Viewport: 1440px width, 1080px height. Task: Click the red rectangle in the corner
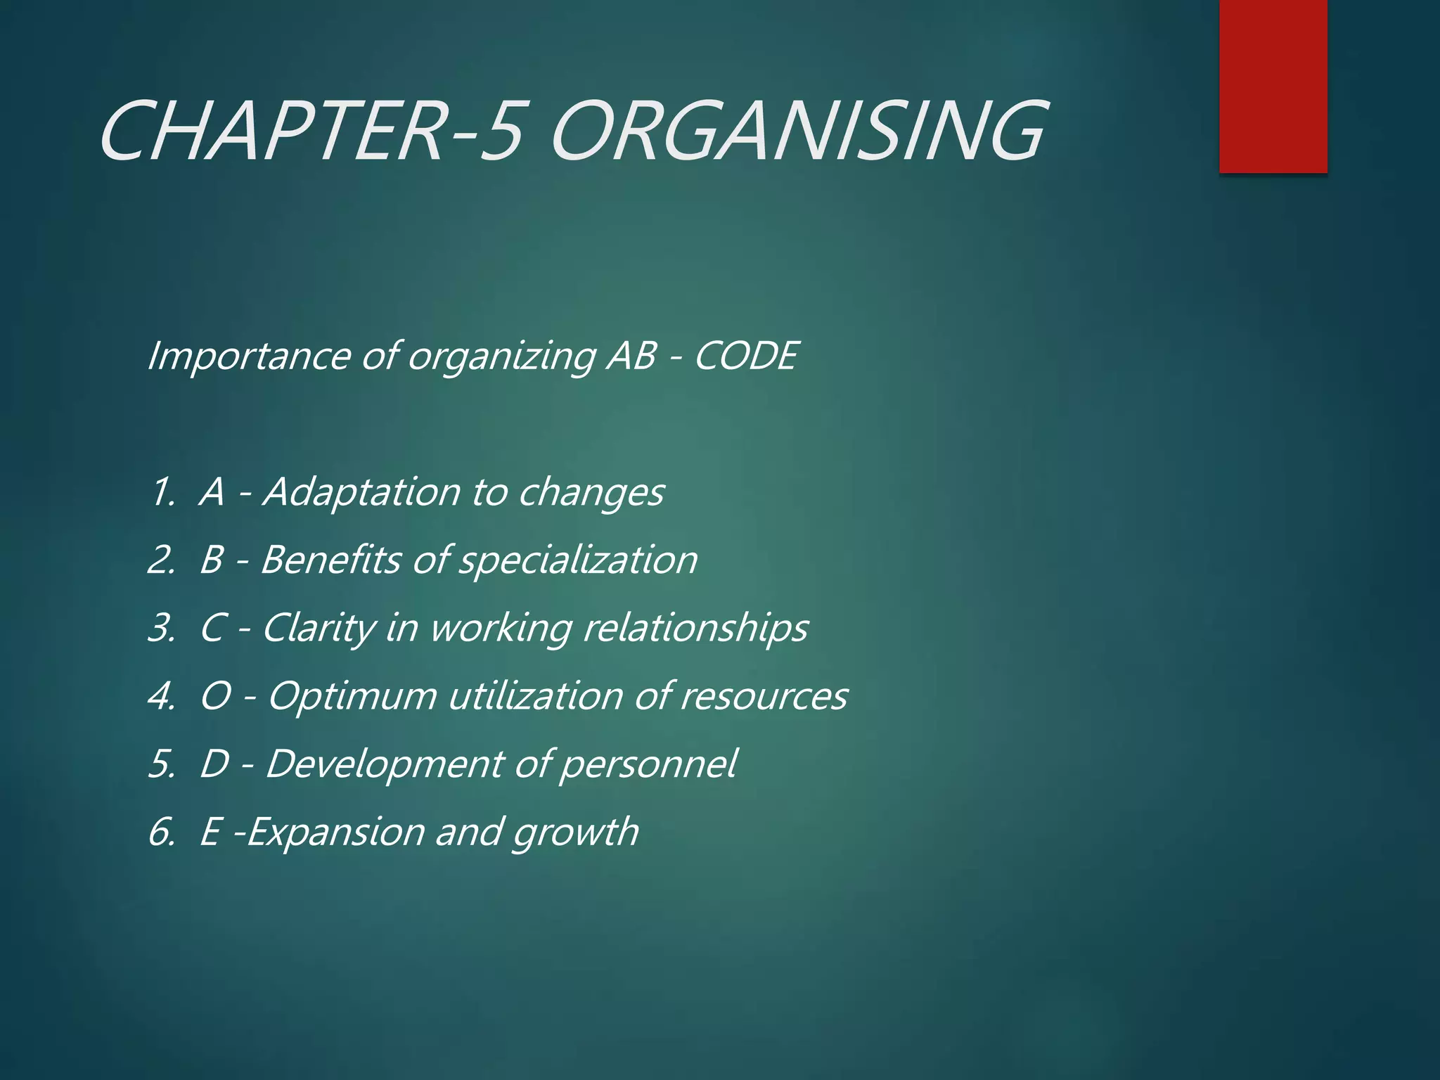point(1273,86)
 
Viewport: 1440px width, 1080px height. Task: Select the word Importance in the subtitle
point(248,355)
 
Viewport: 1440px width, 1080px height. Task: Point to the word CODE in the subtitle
point(746,355)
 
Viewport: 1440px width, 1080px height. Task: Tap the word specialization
point(578,561)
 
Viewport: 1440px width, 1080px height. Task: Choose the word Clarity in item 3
point(319,628)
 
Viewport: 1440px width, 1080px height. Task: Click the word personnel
point(648,764)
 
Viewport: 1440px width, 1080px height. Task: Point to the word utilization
point(535,696)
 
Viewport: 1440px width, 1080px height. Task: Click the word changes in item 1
point(591,493)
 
